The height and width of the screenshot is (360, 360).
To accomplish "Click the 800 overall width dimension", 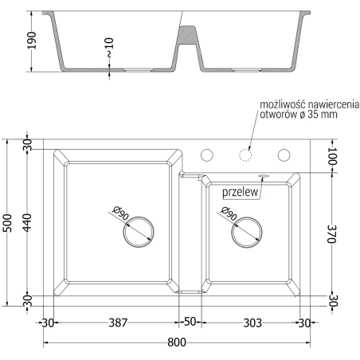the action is pos(177,342).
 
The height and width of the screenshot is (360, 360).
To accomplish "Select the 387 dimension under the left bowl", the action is pos(118,323).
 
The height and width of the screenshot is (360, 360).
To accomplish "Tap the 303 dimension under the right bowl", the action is pos(252,323).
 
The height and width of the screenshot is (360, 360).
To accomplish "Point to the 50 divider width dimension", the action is pos(190,322).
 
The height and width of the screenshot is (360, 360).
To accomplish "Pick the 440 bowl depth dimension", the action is pos(27,223).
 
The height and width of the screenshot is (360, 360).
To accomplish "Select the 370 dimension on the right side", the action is pos(332,234).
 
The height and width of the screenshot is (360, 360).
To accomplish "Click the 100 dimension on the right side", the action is pos(332,156).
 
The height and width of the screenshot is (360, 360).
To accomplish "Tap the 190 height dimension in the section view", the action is pos(32,41).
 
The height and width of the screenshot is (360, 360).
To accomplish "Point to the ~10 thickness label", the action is pos(109,48).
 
